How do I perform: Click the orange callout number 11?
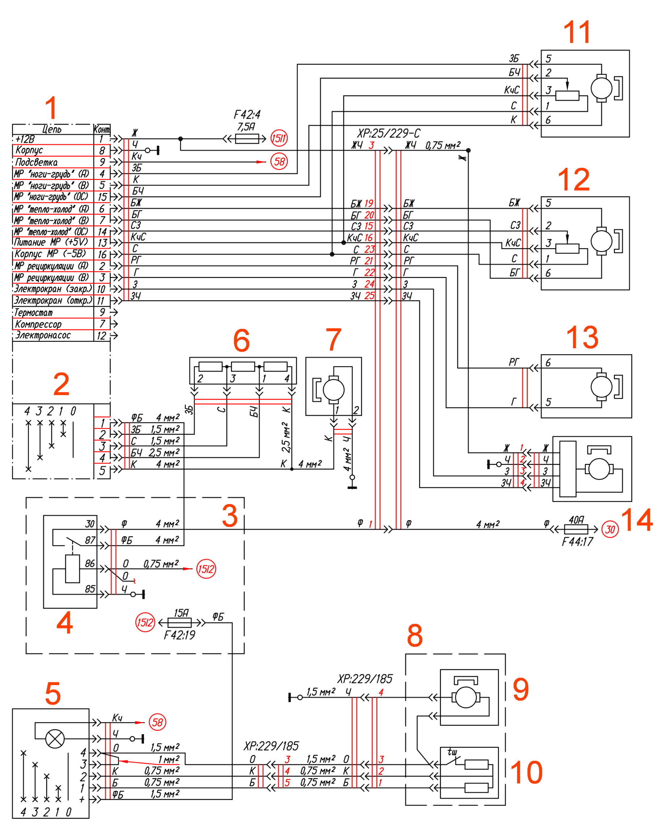click(577, 33)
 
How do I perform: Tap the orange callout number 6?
click(242, 341)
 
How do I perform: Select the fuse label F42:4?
click(247, 115)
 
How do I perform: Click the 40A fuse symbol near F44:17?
click(576, 529)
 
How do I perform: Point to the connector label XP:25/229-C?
click(388, 133)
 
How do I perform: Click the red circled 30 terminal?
click(610, 529)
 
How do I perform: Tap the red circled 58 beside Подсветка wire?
click(279, 161)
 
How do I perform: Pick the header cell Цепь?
click(52, 129)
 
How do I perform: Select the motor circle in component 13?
click(601, 386)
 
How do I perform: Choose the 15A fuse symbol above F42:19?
click(180, 623)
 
